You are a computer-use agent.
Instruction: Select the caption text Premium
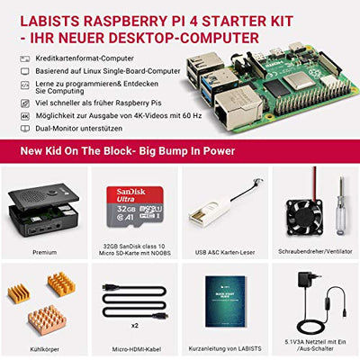tap(43, 253)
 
